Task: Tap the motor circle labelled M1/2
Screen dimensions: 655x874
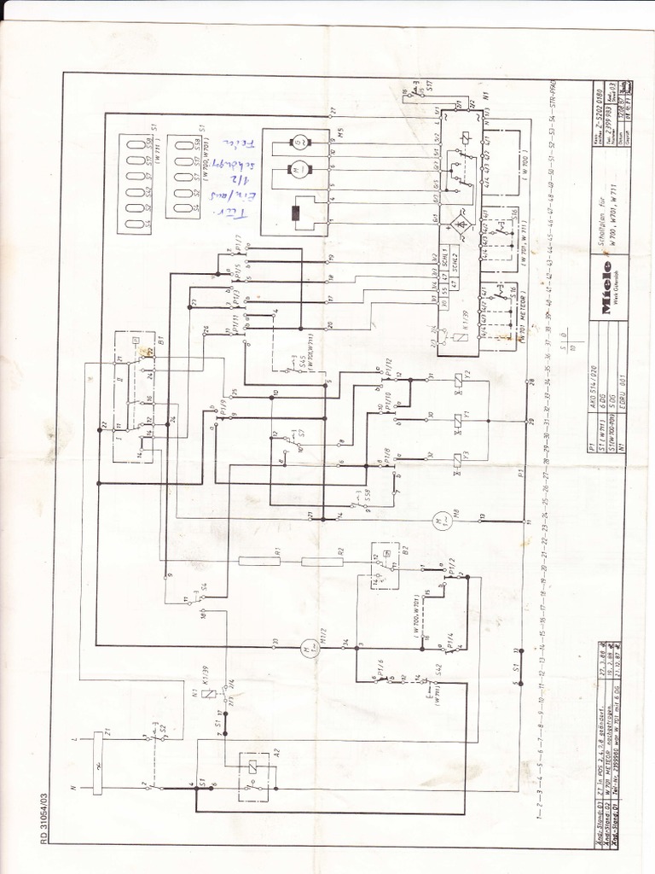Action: tap(304, 646)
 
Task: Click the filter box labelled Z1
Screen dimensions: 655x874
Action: tap(96, 750)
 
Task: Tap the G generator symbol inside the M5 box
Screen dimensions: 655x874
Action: tap(299, 143)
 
